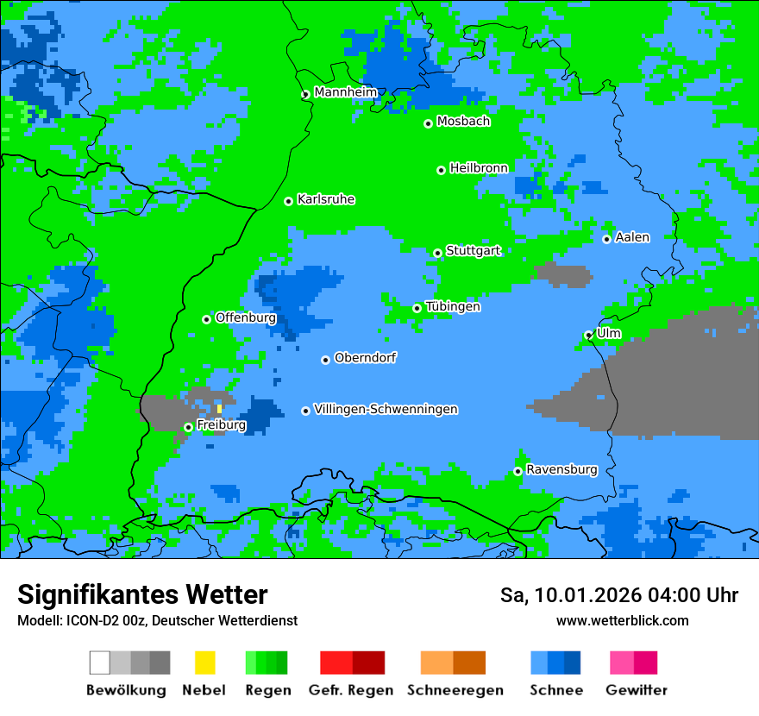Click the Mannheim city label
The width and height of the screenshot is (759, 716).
point(345,92)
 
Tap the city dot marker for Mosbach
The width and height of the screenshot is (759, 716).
point(428,123)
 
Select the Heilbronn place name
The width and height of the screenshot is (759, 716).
point(479,168)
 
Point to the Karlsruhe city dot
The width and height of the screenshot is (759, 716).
point(288,201)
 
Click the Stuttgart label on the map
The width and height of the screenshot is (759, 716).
point(473,251)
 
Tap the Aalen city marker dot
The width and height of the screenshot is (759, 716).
point(606,239)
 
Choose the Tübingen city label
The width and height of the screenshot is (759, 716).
point(453,307)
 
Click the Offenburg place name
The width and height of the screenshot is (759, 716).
point(245,317)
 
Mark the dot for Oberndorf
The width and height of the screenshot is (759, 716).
point(325,360)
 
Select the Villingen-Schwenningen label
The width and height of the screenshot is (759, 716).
point(386,410)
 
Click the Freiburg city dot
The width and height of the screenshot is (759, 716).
point(188,427)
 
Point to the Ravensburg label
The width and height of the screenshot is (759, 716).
point(561,470)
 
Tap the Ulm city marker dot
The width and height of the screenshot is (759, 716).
point(588,335)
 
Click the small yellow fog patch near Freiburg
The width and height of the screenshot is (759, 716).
point(219,408)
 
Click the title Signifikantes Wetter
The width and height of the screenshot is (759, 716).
point(142,594)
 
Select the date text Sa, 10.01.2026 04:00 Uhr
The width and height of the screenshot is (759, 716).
point(618,595)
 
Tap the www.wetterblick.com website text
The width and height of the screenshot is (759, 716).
point(622,621)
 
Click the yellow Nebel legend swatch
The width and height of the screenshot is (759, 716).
point(204,663)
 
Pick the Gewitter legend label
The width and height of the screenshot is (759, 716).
point(637,690)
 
